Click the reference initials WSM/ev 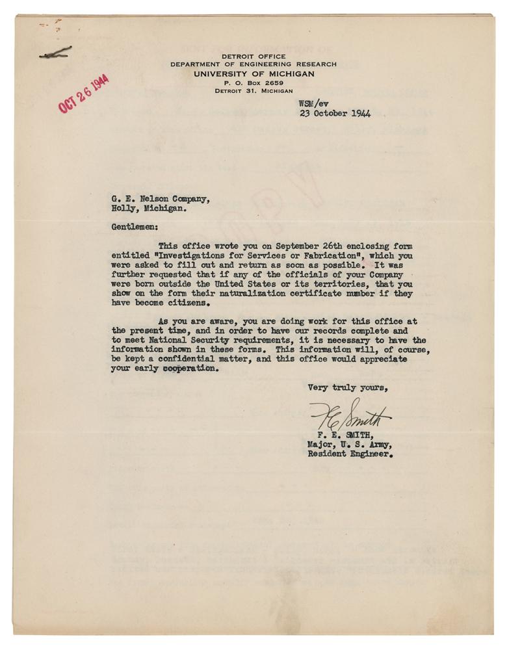tap(315, 103)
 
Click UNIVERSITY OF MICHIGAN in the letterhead tap(254, 74)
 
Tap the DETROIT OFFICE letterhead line tap(254, 57)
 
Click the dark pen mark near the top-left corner tap(55, 55)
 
